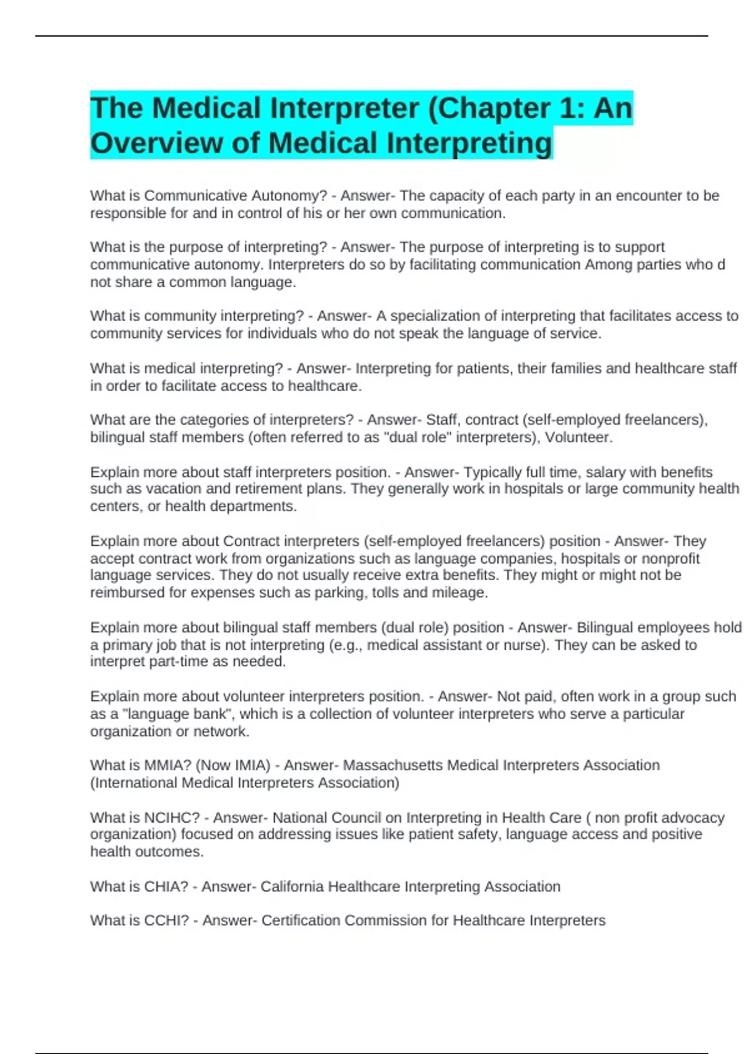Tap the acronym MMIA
tap(168, 766)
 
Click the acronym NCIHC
tap(172, 818)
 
